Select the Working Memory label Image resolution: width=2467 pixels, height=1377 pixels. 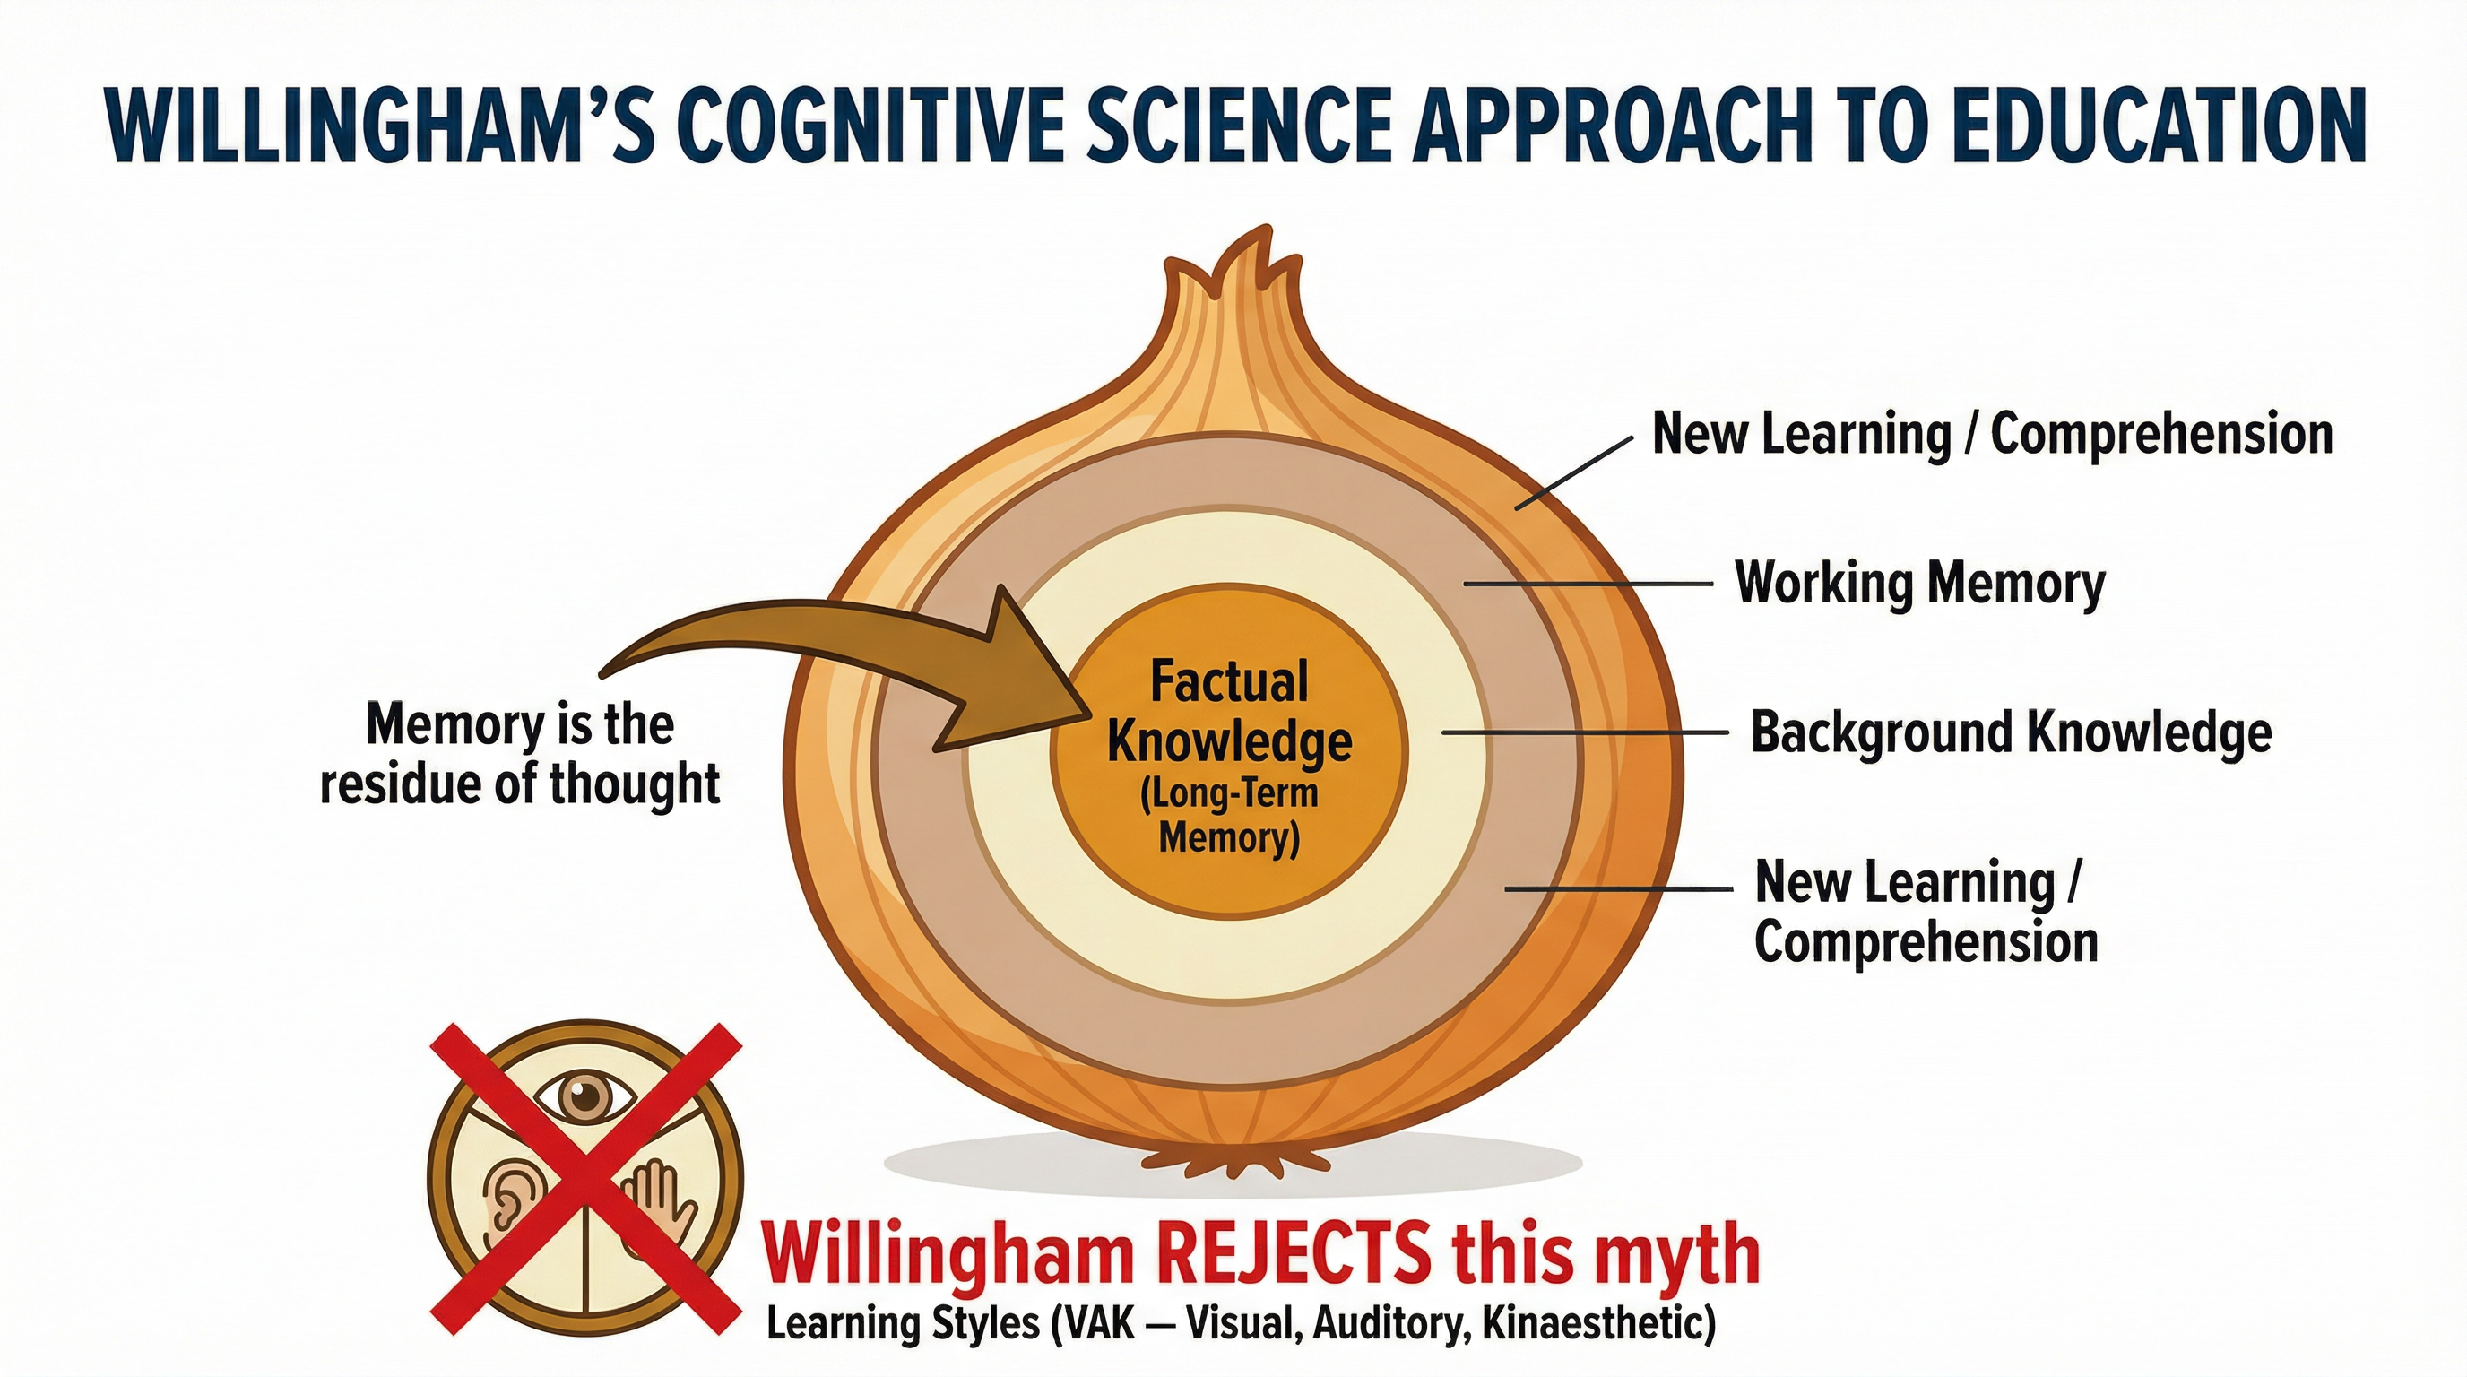tap(1920, 584)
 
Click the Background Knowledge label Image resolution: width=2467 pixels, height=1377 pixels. tap(2011, 732)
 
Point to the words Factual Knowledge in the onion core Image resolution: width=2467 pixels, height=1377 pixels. tap(1230, 711)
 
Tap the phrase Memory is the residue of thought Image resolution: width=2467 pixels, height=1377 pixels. tap(520, 755)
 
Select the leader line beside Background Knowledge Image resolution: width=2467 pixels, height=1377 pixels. tap(1584, 732)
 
